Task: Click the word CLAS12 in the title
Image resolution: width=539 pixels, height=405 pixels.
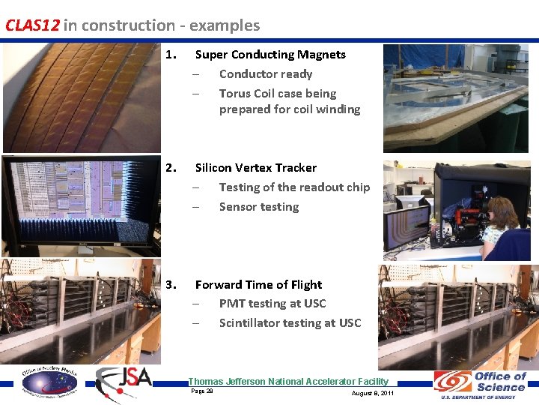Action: [x=32, y=25]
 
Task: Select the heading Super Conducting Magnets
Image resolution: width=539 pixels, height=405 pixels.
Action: [x=270, y=55]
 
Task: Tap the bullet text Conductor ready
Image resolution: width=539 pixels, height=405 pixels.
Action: [x=265, y=74]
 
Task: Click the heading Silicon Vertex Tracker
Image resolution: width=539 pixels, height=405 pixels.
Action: [x=255, y=168]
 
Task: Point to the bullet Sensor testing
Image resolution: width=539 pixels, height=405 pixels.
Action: [x=258, y=207]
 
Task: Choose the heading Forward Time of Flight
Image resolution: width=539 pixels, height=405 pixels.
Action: [x=258, y=285]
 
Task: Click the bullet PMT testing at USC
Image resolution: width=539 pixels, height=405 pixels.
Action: [x=272, y=304]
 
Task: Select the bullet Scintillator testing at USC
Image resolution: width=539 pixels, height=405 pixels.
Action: [x=290, y=323]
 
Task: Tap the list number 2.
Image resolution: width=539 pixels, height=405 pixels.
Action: [x=171, y=168]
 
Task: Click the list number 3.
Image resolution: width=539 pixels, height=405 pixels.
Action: [x=171, y=285]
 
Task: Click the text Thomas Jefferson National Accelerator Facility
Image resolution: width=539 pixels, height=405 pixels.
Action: [x=288, y=382]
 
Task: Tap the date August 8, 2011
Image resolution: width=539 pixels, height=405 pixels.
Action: [x=372, y=393]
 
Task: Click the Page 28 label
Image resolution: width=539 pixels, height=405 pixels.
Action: [x=202, y=391]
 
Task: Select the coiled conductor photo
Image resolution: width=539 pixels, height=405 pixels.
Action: [x=80, y=97]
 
